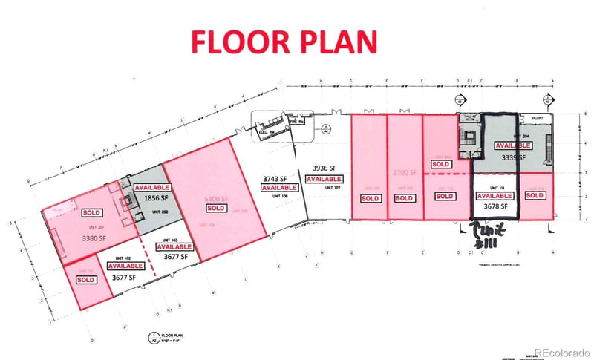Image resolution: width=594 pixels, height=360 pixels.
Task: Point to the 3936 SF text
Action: (324, 169)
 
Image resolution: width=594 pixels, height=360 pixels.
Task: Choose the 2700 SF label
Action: (405, 172)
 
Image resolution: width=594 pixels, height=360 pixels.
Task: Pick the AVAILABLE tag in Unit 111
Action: (492, 196)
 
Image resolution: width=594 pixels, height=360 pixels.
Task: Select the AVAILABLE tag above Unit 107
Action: (324, 179)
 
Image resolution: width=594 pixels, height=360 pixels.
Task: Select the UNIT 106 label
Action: (279, 197)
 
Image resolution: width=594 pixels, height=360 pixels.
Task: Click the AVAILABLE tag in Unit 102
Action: (125, 265)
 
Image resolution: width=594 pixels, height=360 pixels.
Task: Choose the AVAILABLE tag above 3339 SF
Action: (513, 146)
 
